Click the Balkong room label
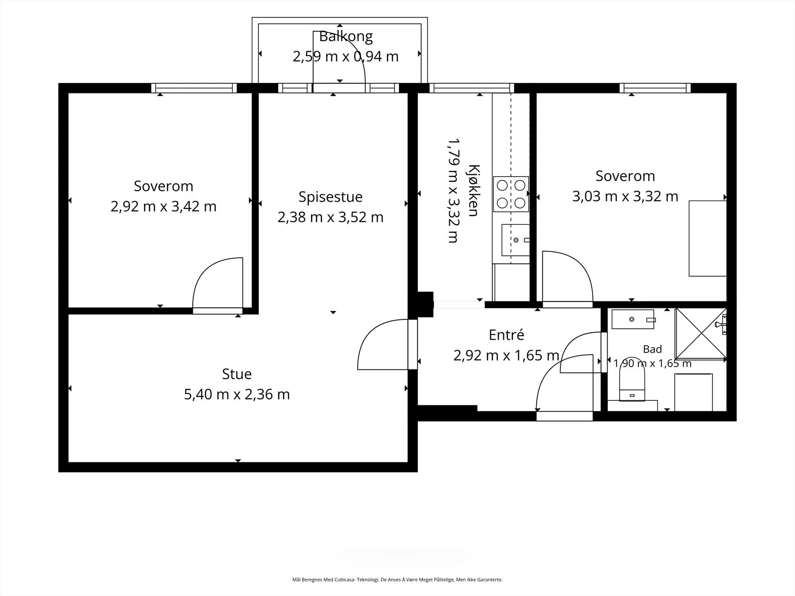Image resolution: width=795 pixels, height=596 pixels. coord(345,37)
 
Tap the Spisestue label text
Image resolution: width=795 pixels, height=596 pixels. coord(330,197)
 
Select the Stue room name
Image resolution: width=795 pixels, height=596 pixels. coord(237,374)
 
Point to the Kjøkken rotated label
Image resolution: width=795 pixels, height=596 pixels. coord(474,190)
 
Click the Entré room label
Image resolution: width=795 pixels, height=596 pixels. coord(506,335)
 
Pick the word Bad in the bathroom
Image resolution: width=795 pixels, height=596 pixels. coord(652,349)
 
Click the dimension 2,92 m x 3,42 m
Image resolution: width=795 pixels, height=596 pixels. coord(163,207)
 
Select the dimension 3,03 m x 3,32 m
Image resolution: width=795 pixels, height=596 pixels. coord(625,197)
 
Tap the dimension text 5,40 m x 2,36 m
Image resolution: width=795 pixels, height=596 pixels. coord(237,394)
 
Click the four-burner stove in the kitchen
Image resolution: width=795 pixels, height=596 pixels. coord(511,194)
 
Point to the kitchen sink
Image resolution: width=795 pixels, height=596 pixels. coord(516,240)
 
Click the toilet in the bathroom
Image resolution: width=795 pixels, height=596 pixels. coord(632,384)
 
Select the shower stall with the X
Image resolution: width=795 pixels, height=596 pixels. coord(701,334)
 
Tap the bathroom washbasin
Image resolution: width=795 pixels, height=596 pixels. coord(633,319)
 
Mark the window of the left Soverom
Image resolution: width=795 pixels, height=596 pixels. coord(194,88)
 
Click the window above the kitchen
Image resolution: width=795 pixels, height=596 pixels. coord(472,88)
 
